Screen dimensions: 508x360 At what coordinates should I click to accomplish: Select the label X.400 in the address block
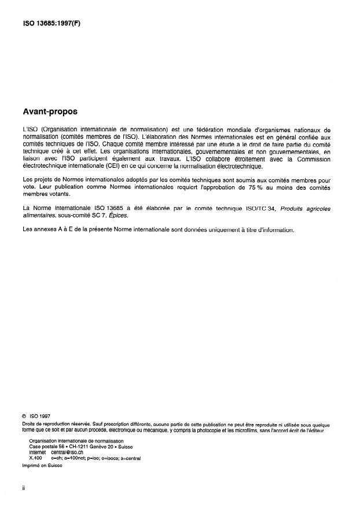[36, 458]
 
